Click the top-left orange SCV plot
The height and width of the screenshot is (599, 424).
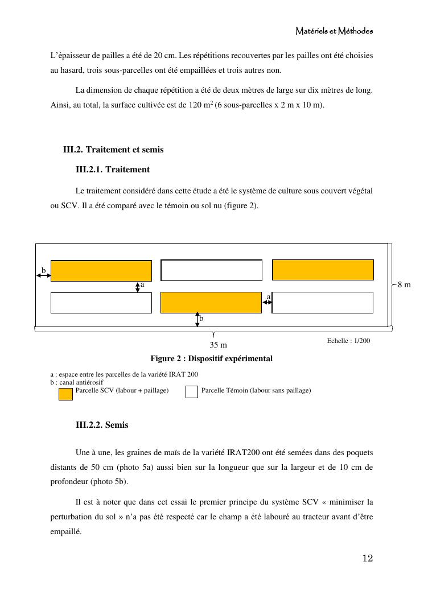101,271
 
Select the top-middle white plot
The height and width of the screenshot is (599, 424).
211,270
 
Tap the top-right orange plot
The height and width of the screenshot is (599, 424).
323,270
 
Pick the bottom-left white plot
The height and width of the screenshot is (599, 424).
101,303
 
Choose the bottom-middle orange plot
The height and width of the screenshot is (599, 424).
211,303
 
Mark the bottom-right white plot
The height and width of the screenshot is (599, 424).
323,303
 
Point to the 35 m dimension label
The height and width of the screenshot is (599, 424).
219,345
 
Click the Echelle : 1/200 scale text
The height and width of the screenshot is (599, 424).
348,340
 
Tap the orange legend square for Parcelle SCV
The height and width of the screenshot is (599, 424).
65,393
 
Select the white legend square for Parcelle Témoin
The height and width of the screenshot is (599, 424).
192,392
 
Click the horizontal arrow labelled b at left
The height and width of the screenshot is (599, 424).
43,275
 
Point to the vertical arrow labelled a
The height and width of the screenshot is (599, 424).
138,287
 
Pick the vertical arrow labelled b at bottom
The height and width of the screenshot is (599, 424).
197,319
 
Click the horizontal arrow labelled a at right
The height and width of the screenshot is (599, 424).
267,303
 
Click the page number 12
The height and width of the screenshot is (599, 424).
367,558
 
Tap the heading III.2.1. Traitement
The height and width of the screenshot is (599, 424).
113,170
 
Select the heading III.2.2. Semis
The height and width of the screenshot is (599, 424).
102,425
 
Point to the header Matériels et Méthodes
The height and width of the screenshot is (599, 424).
334,31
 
